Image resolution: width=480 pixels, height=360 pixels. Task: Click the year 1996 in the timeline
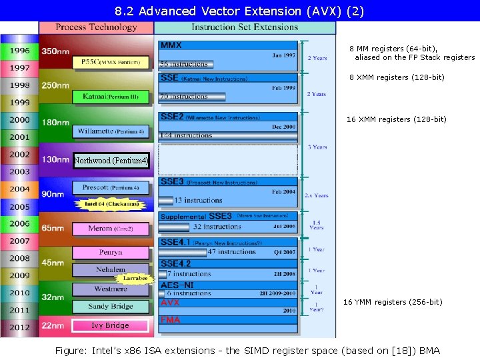[x=19, y=51]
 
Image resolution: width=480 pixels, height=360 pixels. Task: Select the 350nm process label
[x=55, y=51]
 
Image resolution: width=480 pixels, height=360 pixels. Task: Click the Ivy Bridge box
[x=110, y=325]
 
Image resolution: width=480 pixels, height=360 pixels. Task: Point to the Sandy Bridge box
[x=111, y=307]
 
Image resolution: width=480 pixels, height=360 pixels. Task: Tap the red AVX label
[x=170, y=303]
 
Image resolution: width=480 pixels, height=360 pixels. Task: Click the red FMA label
[x=170, y=320]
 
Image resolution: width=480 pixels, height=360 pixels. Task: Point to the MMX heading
[x=171, y=45]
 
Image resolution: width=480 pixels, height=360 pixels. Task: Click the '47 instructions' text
[x=231, y=252]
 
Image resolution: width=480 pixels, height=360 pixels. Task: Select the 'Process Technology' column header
[x=96, y=27]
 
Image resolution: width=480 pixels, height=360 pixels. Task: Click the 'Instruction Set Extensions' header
[x=244, y=27]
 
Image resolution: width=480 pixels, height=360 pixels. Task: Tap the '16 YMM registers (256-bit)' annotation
[x=393, y=303]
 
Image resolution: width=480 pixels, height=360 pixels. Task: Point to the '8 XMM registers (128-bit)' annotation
[x=397, y=78]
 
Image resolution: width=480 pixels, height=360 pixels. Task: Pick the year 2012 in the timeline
[x=19, y=327]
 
